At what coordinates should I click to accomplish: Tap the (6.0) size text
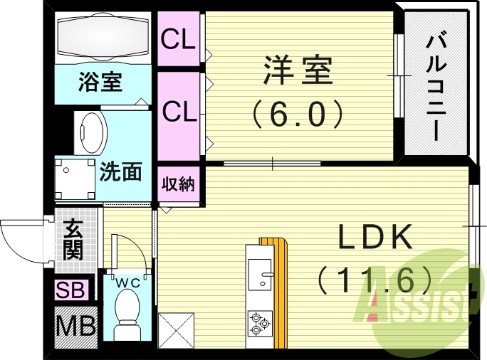[x=298, y=112]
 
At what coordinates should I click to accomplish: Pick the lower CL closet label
[x=178, y=111]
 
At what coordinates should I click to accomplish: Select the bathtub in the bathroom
[x=101, y=37]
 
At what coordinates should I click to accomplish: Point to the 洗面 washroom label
[x=120, y=171]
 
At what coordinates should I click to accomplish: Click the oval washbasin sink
[x=92, y=132]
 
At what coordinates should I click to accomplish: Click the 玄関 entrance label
[x=73, y=239]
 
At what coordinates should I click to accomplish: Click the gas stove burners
[x=260, y=323]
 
